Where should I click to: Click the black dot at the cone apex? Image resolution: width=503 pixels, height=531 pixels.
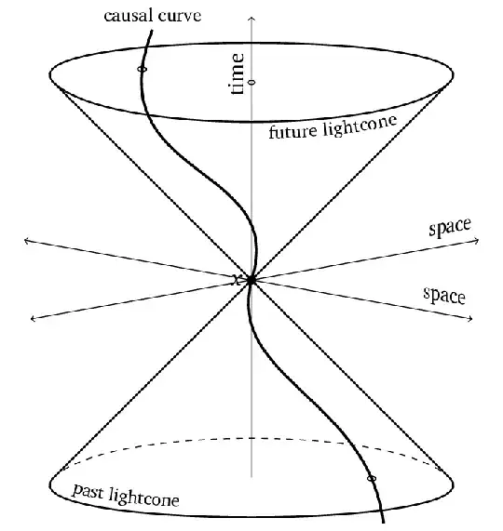click(251, 279)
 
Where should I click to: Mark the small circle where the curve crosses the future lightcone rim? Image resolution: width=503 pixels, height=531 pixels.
click(142, 70)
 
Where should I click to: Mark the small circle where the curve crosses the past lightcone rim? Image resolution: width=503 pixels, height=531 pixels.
click(372, 479)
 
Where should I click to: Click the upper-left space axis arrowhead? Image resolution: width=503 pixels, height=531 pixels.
click(27, 241)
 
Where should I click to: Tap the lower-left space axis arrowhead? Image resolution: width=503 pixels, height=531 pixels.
click(34, 318)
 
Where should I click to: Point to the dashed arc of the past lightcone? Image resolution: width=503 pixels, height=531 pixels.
click(251, 438)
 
